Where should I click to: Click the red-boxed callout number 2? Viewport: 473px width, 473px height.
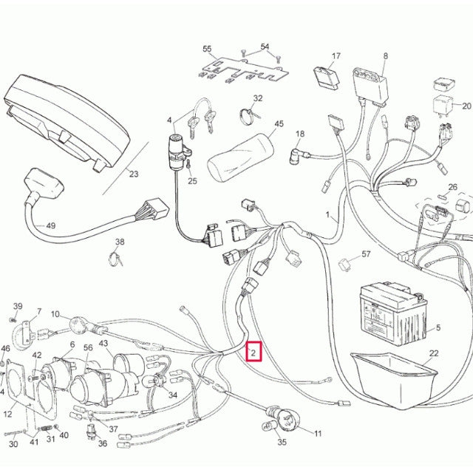(x=253, y=353)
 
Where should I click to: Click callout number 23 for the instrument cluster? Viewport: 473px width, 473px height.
(x=133, y=175)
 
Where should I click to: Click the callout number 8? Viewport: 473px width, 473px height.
(x=385, y=56)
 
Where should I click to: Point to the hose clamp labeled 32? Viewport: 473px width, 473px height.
(x=250, y=114)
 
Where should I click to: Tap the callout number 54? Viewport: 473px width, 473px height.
(x=265, y=47)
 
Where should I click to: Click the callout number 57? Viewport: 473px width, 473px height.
(x=365, y=254)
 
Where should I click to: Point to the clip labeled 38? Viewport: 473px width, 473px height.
(x=116, y=258)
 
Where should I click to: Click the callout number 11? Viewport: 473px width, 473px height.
(x=318, y=433)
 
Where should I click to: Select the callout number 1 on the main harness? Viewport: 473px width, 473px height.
(x=327, y=214)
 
